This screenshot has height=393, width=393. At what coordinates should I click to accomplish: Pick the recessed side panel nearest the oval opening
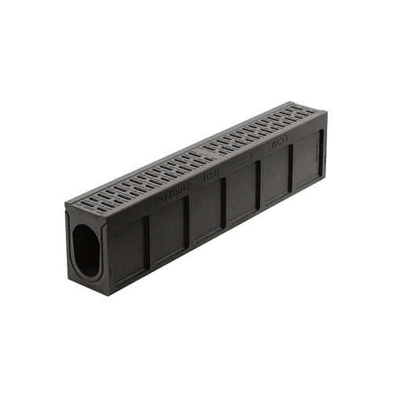click(128, 249)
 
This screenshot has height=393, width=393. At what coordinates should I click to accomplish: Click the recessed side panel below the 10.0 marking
click(207, 214)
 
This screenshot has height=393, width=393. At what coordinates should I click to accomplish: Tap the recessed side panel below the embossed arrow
click(241, 196)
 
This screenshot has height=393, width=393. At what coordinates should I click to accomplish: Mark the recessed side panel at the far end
click(307, 165)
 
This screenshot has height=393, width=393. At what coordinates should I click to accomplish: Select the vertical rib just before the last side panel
click(292, 171)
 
